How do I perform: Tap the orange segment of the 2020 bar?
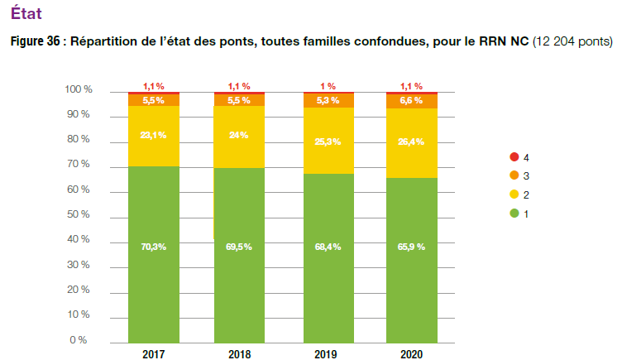tap(412, 101)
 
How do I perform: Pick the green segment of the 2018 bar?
tap(240, 290)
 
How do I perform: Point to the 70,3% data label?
tap(154, 247)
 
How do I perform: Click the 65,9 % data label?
tap(412, 247)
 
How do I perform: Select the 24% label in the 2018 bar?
tap(240, 135)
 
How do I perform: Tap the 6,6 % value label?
tap(412, 100)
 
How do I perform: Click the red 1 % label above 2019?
tap(328, 86)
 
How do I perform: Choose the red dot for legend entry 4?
tap(514, 156)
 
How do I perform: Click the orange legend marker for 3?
tap(514, 175)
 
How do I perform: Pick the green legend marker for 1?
tap(514, 214)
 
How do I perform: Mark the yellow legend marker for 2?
tap(514, 194)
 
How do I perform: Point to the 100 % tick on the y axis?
tap(77, 89)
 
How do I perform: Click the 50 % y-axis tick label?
tap(79, 215)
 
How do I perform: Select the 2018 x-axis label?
tap(240, 353)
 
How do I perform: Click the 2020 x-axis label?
tap(412, 353)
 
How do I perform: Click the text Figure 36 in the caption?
tap(35, 41)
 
